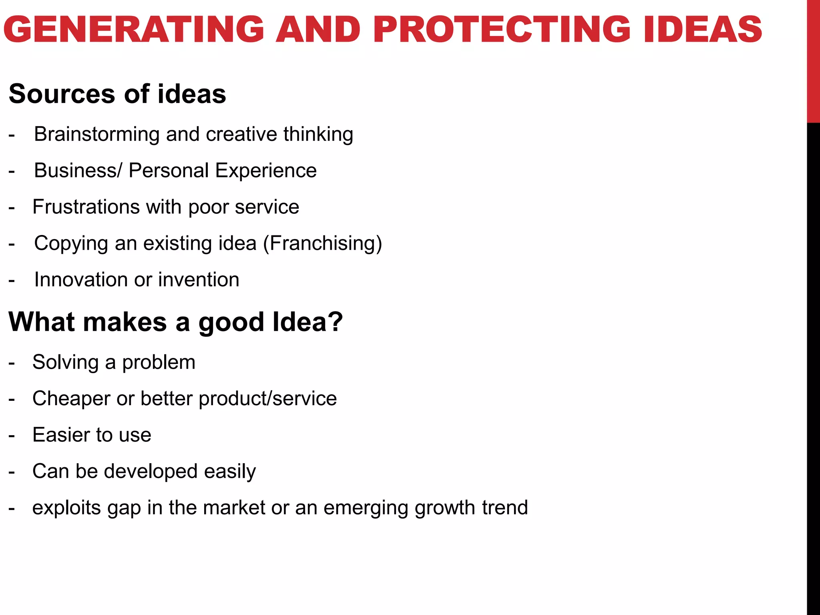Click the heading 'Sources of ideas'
(x=117, y=94)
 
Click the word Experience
(x=266, y=171)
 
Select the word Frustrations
(x=86, y=207)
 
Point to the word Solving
(x=65, y=362)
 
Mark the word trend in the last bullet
(x=505, y=508)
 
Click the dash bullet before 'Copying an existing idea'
(x=12, y=244)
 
